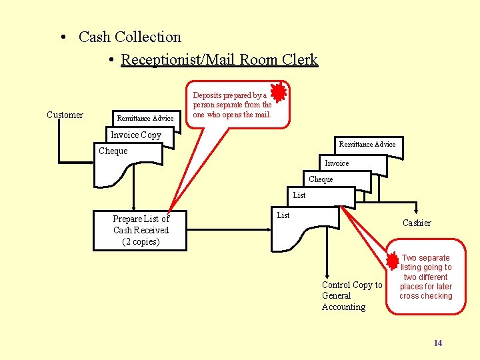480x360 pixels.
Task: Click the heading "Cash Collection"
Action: pos(129,37)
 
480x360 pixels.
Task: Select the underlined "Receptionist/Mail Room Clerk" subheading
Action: pos(219,60)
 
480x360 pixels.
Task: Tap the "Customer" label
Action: pos(65,115)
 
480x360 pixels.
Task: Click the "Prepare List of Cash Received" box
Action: pos(141,231)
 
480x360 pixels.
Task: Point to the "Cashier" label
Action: pos(417,223)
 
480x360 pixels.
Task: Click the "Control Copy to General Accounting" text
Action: pos(352,296)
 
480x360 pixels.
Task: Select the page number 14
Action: pos(437,343)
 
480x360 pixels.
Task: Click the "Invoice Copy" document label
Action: pos(136,135)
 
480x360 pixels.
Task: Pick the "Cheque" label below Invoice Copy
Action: pos(113,151)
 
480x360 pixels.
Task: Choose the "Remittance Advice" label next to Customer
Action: pos(145,119)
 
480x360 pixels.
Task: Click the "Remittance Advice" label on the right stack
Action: pos(367,144)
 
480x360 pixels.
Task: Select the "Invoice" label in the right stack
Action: pos(337,163)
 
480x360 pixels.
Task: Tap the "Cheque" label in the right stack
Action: pos(321,179)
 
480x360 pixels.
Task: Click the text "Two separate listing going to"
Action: pos(426,263)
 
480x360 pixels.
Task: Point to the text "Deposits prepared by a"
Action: pos(229,95)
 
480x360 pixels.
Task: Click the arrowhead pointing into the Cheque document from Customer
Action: pos(91,161)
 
